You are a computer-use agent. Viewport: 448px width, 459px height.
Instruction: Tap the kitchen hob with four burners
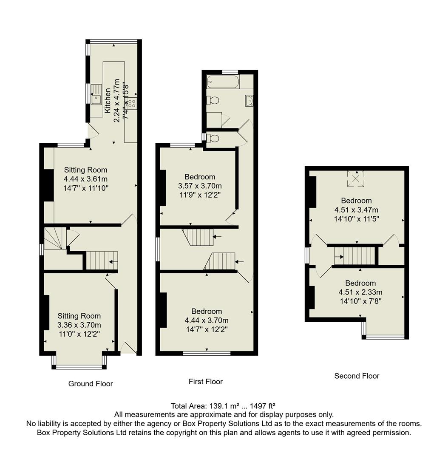pyautogui.click(x=131, y=102)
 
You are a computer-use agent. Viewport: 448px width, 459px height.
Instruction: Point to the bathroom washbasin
pyautogui.click(x=249, y=100)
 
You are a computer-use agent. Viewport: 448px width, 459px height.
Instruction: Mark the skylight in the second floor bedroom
pyautogui.click(x=356, y=178)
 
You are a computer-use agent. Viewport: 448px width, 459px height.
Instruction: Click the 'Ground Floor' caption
pyautogui.click(x=91, y=384)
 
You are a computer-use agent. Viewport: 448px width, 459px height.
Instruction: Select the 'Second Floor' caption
pyautogui.click(x=357, y=376)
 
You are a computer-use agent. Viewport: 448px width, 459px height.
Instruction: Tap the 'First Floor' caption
pyautogui.click(x=205, y=382)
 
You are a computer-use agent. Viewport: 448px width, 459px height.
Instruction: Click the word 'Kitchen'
pyautogui.click(x=108, y=98)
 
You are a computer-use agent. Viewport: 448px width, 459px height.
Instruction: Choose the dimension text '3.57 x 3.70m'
pyautogui.click(x=200, y=186)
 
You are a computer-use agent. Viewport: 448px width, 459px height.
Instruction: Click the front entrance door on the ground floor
pyautogui.click(x=128, y=348)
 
